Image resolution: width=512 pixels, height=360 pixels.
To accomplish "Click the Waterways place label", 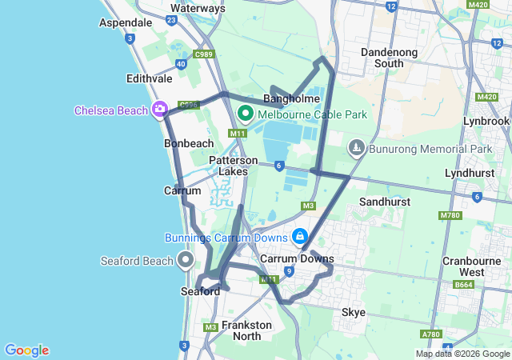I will click(198, 8).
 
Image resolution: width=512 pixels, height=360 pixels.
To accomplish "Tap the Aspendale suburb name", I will click(126, 23).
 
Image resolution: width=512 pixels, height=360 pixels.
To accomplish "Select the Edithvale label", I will click(149, 79).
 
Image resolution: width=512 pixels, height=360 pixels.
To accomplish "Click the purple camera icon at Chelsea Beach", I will click(160, 109).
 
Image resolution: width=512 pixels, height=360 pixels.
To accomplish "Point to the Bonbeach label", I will click(188, 143).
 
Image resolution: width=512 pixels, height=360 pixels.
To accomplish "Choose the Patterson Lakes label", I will click(233, 166).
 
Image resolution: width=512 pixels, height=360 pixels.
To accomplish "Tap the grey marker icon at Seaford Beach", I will click(186, 259).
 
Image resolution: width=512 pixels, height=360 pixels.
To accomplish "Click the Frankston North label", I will click(246, 330).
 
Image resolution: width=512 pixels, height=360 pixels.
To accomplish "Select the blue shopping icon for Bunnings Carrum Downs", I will click(300, 237).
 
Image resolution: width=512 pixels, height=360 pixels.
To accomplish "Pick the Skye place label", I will click(353, 311).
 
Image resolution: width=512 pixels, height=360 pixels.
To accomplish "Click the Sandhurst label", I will click(385, 202).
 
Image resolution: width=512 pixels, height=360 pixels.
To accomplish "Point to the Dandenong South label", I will click(394, 57).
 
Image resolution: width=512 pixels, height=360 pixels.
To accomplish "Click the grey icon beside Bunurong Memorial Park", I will click(356, 148).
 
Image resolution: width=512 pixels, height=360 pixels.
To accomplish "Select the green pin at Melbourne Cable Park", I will click(246, 114).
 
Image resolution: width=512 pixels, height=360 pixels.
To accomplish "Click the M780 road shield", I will click(450, 216).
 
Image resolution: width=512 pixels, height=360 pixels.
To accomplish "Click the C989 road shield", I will click(204, 54).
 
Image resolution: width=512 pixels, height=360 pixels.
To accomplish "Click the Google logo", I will click(26, 350).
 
